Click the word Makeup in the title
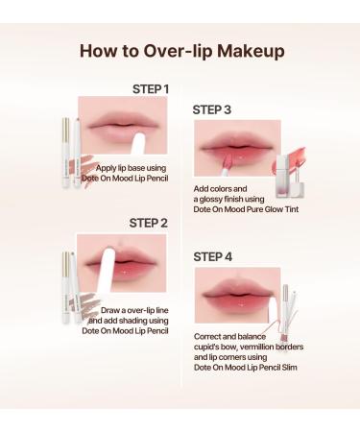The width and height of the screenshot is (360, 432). tap(251, 51)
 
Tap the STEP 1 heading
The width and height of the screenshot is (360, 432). tap(151, 89)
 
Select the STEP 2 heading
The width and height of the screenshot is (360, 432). tap(148, 223)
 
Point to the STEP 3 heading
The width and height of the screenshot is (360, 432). tap(211, 109)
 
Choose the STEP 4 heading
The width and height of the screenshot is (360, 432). tap(212, 256)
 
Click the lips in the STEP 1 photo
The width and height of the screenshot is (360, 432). tap(123, 126)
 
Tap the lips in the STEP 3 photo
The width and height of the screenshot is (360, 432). tap(237, 147)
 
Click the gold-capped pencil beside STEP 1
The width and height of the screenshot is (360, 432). tap(66, 153)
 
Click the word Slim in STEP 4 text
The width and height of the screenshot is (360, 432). tap(289, 368)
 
